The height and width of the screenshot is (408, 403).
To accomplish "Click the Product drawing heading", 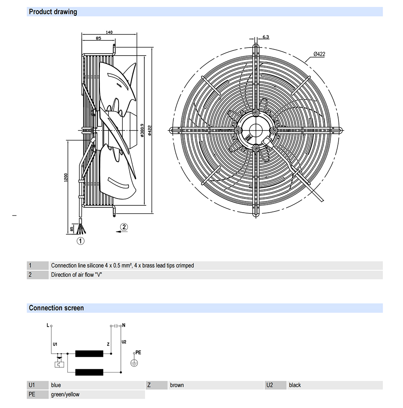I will [53, 12].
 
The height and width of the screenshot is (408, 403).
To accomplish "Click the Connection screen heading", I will [56, 308].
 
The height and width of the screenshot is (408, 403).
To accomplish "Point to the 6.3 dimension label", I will [266, 37].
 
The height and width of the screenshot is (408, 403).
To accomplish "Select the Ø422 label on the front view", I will [319, 54].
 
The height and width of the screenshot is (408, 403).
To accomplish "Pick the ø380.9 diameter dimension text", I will [143, 130].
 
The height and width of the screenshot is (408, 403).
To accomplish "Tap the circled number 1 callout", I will [81, 241].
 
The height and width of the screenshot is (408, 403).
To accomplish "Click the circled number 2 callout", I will [124, 227].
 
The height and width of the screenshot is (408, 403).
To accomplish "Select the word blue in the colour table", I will [56, 385].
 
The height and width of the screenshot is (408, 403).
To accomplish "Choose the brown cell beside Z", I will [177, 385].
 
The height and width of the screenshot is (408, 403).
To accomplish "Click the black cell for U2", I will [295, 385].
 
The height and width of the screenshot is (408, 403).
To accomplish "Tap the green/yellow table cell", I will [65, 394].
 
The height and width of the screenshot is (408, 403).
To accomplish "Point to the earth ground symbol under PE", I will [134, 362].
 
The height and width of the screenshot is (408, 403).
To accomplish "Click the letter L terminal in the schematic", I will [48, 325].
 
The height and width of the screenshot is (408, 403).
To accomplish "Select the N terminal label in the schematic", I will [124, 325].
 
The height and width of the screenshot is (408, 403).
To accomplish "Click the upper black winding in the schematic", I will [89, 354].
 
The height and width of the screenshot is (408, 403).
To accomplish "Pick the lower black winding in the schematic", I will [89, 372].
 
